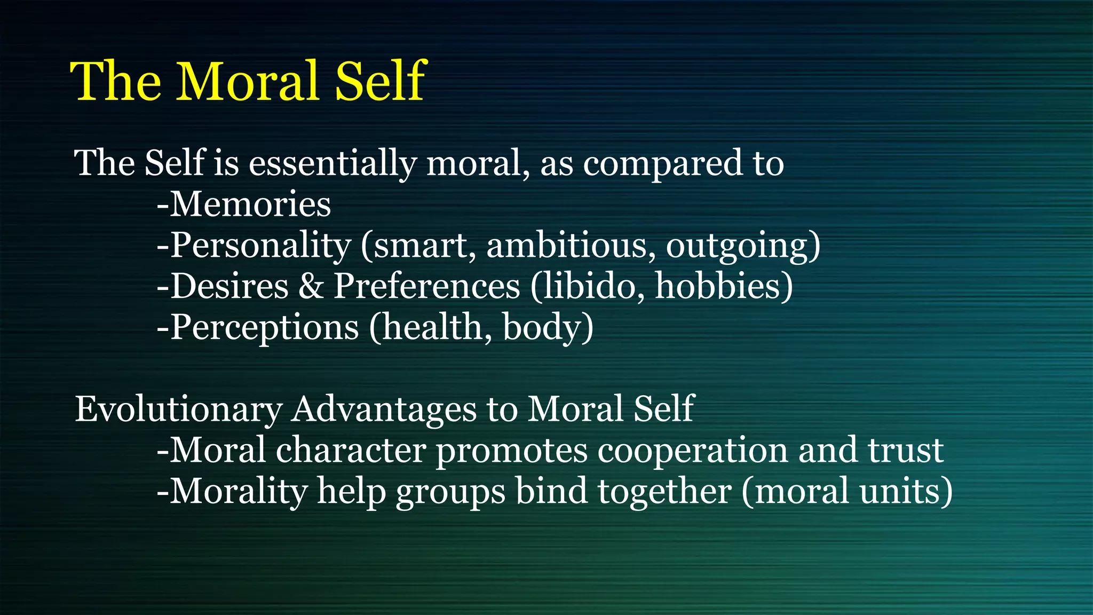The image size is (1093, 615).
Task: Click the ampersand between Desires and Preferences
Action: click(x=311, y=286)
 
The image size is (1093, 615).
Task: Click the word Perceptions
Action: click(x=264, y=327)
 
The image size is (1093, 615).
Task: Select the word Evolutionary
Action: click(x=178, y=409)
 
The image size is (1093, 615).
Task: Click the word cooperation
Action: click(x=692, y=451)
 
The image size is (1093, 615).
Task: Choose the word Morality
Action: click(x=239, y=492)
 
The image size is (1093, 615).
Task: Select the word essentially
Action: click(x=332, y=163)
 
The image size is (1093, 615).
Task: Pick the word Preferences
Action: click(x=427, y=286)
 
